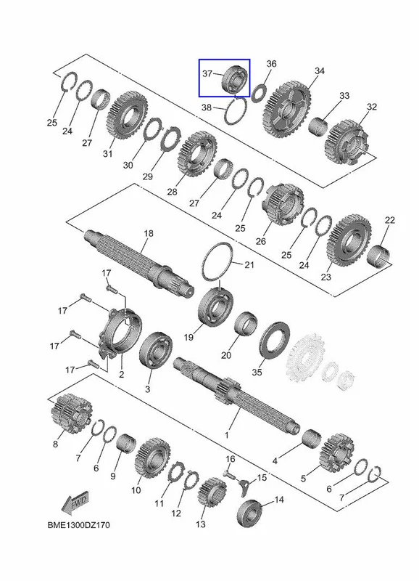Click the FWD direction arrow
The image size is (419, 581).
point(75,503)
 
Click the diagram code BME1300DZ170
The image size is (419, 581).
point(78,525)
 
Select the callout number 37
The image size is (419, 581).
point(207,73)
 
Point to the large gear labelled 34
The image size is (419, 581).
point(286,111)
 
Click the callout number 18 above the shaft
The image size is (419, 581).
point(149,233)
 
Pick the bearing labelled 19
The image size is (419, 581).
point(215,306)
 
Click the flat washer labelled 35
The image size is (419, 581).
point(275,340)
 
